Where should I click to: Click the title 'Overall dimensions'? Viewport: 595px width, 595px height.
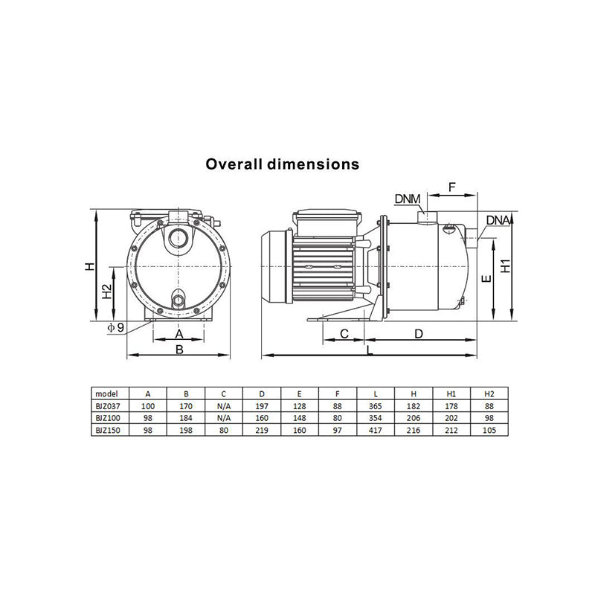click(x=283, y=164)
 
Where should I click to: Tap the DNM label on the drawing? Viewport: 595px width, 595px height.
click(x=408, y=199)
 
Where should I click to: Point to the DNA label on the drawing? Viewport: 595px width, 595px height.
click(x=498, y=221)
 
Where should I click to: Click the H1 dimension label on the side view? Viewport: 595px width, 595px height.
click(x=506, y=266)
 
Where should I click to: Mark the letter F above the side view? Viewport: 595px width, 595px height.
click(x=452, y=187)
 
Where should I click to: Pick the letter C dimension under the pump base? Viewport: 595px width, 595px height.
click(x=345, y=334)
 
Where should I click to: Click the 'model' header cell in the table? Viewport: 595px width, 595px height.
click(x=109, y=393)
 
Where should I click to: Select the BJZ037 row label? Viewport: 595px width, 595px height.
click(x=109, y=405)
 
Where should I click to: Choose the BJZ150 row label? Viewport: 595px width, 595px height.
click(x=109, y=429)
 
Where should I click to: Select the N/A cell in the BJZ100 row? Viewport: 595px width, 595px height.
click(x=224, y=417)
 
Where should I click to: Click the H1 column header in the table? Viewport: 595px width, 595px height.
click(x=451, y=393)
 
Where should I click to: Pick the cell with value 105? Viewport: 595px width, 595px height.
click(x=489, y=429)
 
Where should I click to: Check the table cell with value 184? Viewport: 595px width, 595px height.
click(x=186, y=417)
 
